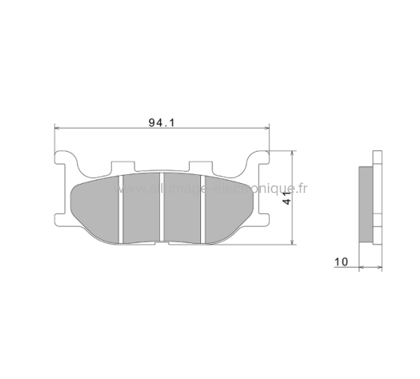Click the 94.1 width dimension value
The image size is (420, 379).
tap(160, 121)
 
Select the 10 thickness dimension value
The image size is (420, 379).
tap(341, 261)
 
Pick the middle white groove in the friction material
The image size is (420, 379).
tap(163, 210)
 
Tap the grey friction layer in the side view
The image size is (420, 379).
tap(366, 203)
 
